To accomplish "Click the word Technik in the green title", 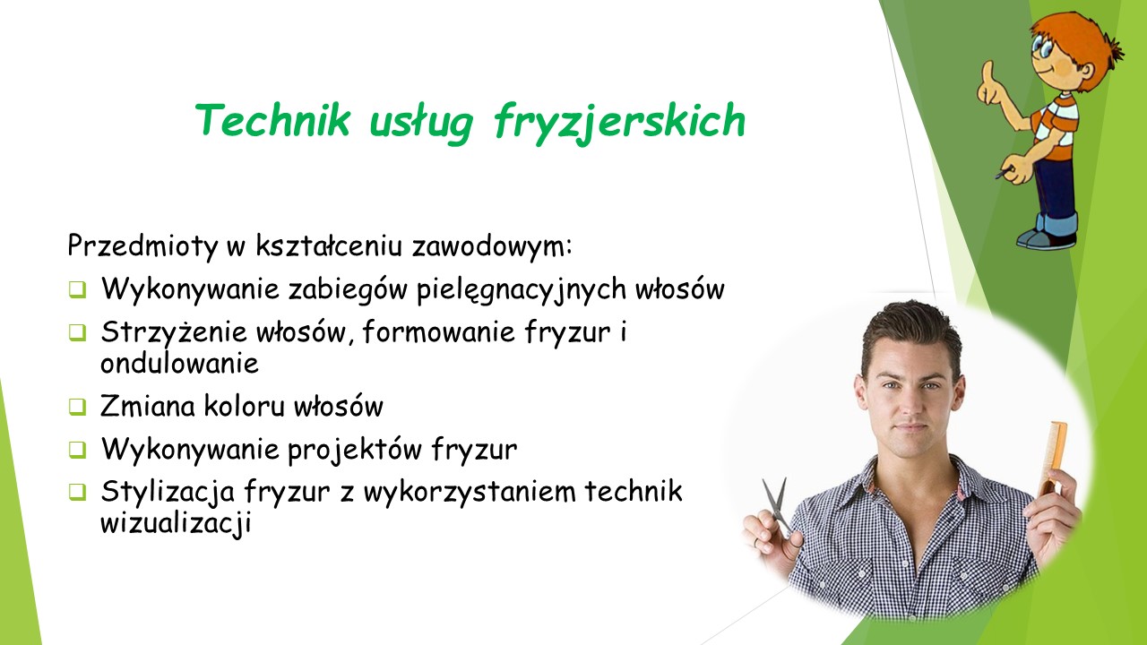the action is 273,119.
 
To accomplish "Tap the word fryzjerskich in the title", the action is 619,123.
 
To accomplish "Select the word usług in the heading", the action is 421,123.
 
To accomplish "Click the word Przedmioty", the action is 142,246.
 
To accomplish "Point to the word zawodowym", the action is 492,246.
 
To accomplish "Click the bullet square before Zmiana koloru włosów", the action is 77,407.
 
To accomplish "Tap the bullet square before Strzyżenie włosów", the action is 77,332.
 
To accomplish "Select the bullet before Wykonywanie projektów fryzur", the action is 77,450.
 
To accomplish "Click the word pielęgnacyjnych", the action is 522,289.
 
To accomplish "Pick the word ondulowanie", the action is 180,363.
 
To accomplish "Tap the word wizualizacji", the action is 176,523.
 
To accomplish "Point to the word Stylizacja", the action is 168,492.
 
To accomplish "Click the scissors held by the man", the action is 776,507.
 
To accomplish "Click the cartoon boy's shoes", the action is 1048,238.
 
